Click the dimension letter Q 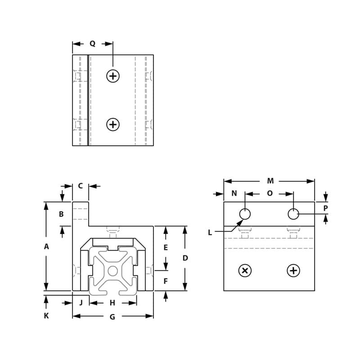(92, 44)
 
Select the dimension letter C (81, 186)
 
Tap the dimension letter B (62, 214)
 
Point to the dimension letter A (46, 247)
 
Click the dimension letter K (46, 316)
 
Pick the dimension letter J (81, 303)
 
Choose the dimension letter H (112, 303)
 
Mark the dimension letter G (112, 317)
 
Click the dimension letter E (166, 247)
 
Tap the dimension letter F (166, 282)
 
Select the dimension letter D (185, 258)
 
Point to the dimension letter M (270, 181)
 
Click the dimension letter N (234, 193)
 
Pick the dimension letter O (270, 193)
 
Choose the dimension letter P (326, 208)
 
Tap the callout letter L (210, 232)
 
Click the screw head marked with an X (245, 270)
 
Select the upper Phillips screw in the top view (113, 76)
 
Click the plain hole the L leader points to (245, 214)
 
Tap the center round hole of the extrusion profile (112, 270)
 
